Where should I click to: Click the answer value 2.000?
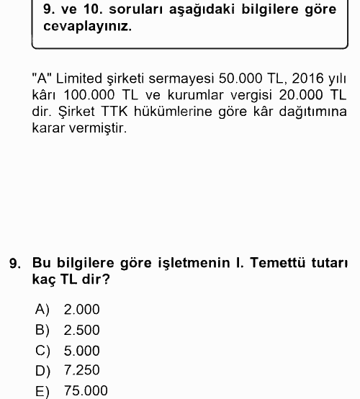[x=81, y=310]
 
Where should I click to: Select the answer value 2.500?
[x=81, y=331]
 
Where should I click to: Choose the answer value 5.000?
[x=81, y=351]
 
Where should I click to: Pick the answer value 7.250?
[x=81, y=370]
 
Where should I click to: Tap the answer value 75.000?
[x=86, y=391]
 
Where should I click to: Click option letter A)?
[x=42, y=310]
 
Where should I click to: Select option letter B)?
[x=42, y=331]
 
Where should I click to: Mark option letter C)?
[x=42, y=351]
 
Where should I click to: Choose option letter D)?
[x=42, y=370]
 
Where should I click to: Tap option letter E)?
[x=42, y=391]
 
